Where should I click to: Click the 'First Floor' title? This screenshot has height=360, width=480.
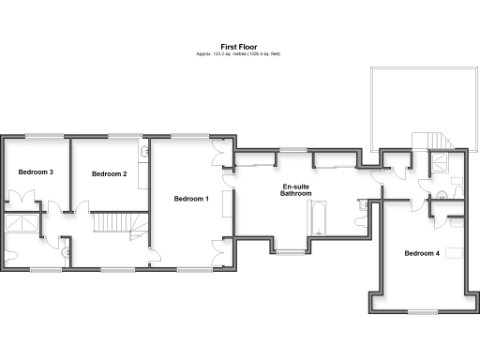(238, 46)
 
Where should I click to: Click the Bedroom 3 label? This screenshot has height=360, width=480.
(36, 172)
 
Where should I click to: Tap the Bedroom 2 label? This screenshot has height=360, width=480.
(110, 173)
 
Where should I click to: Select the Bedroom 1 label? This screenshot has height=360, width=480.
(191, 199)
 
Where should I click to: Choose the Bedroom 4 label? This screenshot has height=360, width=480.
(422, 253)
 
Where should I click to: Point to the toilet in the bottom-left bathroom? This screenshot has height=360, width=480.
(11, 254)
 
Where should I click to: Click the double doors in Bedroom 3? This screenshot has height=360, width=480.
(22, 199)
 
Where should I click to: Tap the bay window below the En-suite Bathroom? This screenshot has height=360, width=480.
(292, 252)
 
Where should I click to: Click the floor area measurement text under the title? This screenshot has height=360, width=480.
(238, 54)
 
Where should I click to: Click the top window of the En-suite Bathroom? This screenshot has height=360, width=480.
(293, 148)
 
